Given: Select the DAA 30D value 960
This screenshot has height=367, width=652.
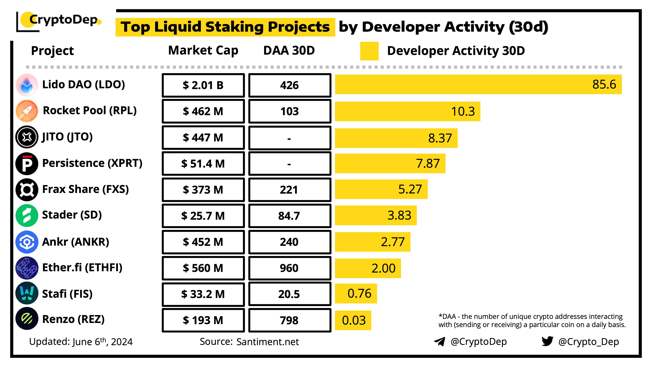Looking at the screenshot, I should pos(289,268).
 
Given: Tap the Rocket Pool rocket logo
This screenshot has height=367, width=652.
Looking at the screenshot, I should pos(27,111).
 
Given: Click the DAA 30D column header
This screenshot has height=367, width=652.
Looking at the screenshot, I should pos(289,50).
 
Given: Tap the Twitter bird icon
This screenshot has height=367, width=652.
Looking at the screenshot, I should pos(547,341).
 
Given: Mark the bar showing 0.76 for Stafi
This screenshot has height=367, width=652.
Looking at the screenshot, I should pos(356,294).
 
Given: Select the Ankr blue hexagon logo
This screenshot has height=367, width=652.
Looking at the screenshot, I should pos(27,242).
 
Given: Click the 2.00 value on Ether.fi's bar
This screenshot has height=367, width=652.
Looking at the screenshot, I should pos(383,268).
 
